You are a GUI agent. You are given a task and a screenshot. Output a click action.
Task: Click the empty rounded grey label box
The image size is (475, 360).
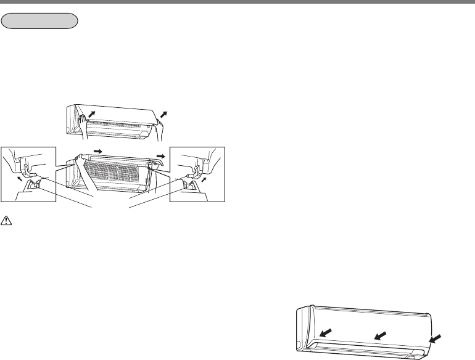click(x=40, y=21)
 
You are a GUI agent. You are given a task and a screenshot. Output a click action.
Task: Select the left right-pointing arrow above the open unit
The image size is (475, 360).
click(x=97, y=150)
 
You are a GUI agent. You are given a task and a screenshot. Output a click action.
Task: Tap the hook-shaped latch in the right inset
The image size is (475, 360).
click(x=196, y=168)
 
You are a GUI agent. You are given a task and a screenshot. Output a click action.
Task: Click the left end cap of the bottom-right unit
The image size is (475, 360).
click(x=302, y=330)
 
